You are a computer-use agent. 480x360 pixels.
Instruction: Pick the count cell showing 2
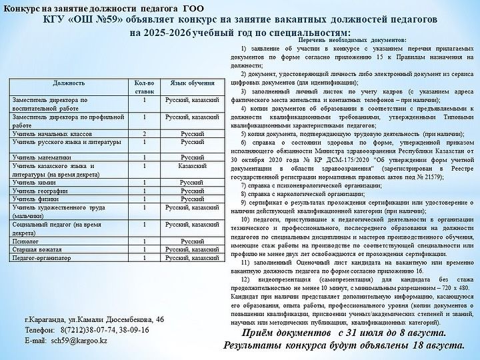coord(145,133)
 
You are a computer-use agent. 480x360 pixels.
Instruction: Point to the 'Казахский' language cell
coord(193,165)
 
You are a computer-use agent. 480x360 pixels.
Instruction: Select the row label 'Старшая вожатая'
coord(37,249)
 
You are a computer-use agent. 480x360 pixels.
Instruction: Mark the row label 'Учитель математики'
coord(41,157)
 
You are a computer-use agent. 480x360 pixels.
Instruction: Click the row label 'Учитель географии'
coord(39,190)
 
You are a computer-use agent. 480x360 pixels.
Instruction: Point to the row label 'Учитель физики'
coord(36,198)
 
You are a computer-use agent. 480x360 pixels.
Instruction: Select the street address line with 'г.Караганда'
coord(93,319)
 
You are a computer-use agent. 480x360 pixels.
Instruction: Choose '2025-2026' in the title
coord(161,32)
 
